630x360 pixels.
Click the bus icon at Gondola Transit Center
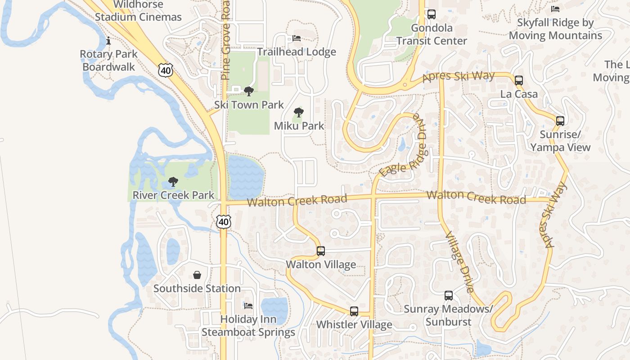click(432, 14)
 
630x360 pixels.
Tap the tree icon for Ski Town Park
click(248, 91)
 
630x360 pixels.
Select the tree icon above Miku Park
click(298, 112)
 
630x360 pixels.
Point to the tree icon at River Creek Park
click(173, 182)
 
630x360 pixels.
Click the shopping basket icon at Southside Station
click(197, 275)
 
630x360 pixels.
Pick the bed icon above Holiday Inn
click(248, 306)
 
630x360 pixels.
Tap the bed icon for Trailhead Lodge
click(297, 38)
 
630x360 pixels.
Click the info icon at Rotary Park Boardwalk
click(108, 41)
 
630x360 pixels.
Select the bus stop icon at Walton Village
click(320, 251)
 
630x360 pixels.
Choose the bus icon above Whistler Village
click(354, 311)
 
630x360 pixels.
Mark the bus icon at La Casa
click(519, 81)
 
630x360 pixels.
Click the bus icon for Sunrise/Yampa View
click(560, 121)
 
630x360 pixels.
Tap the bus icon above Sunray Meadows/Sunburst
click(448, 296)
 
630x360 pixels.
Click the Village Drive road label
click(459, 262)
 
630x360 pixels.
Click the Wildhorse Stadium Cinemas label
click(138, 11)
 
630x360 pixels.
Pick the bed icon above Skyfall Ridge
click(555, 9)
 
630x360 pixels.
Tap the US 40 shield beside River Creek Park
click(223, 221)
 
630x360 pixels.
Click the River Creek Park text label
click(173, 196)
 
